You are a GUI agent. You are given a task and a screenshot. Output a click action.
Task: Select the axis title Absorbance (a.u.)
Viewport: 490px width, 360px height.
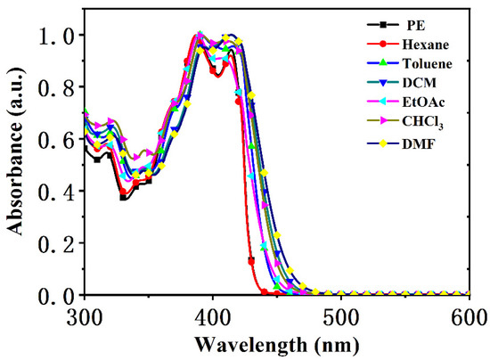point(16,165)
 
